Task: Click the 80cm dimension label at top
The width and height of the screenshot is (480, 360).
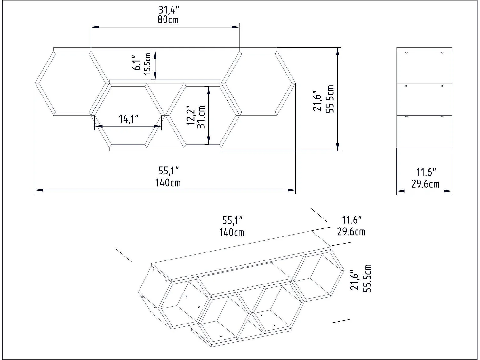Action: click(x=168, y=20)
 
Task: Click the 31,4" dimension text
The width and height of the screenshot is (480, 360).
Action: click(x=168, y=10)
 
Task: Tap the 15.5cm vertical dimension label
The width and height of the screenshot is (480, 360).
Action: click(x=148, y=64)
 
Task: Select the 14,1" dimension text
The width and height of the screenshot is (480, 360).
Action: click(x=129, y=119)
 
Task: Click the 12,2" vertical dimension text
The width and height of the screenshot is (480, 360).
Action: click(x=191, y=116)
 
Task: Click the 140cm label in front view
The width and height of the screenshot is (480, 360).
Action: click(x=168, y=183)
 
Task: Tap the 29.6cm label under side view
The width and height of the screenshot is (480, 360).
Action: click(x=425, y=184)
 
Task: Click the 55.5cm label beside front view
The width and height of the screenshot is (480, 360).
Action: click(x=330, y=99)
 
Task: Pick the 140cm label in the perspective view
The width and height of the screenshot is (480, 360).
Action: click(x=232, y=232)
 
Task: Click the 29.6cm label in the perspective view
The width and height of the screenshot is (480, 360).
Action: click(x=351, y=231)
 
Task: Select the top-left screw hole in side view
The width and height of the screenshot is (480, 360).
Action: click(x=406, y=52)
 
